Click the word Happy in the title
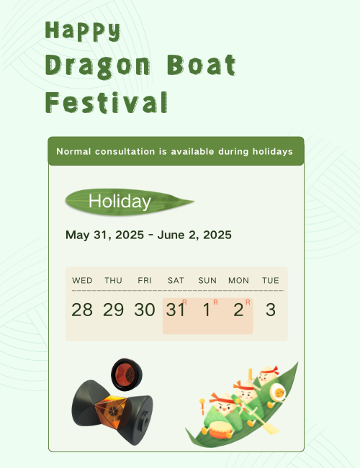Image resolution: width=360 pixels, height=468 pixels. click(x=83, y=31)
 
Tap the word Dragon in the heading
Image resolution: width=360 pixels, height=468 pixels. click(x=98, y=67)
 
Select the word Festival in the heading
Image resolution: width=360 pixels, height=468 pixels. click(x=107, y=102)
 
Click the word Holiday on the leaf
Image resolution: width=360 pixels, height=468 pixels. click(x=120, y=202)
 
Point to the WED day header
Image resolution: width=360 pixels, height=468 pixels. click(x=82, y=281)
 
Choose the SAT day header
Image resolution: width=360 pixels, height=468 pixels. click(x=176, y=281)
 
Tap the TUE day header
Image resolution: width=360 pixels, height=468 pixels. click(x=271, y=281)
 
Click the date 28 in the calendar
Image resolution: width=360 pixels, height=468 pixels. click(x=82, y=310)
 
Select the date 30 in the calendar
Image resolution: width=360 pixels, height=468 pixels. click(x=145, y=310)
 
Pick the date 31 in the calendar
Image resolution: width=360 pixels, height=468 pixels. click(x=175, y=310)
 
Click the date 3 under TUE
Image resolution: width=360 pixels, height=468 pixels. click(x=271, y=310)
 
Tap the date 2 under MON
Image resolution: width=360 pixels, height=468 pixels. click(x=238, y=310)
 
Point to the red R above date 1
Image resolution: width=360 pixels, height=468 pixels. click(x=215, y=302)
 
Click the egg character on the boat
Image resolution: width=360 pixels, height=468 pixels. click(x=278, y=393)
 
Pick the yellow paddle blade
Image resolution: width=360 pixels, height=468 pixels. click(x=271, y=428)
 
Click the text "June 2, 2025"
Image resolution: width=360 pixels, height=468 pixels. click(x=194, y=235)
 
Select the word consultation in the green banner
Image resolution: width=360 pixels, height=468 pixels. click(x=125, y=152)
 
